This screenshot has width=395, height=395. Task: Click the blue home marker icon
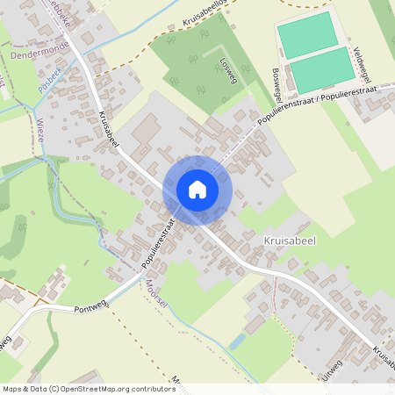[197, 190]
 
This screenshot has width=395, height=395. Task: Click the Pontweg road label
[90, 309]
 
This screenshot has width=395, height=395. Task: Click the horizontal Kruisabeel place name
[289, 238]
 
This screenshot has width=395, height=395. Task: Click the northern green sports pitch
[306, 34]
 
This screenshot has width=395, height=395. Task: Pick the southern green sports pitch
[320, 69]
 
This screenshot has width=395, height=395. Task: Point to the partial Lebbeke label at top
[58, 7]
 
